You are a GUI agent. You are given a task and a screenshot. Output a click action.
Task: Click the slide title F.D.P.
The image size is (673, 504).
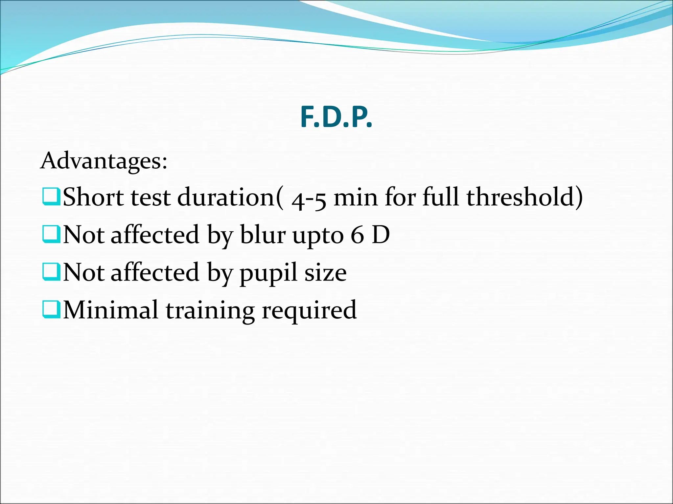(x=336, y=118)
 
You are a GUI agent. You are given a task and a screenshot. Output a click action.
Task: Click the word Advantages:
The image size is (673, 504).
(x=104, y=161)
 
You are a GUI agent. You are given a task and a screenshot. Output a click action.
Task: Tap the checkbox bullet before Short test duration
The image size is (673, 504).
(x=51, y=197)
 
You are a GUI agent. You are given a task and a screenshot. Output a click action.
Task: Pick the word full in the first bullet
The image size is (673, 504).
(x=440, y=197)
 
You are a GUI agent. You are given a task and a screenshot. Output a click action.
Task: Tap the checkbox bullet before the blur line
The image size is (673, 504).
(x=51, y=234)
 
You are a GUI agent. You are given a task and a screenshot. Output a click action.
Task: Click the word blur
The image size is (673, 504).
(x=263, y=235)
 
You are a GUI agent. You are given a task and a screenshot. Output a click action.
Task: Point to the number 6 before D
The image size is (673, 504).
(x=358, y=235)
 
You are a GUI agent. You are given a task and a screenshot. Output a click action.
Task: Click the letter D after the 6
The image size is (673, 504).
(x=381, y=235)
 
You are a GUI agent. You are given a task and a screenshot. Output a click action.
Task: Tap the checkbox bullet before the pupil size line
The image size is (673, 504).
(x=51, y=272)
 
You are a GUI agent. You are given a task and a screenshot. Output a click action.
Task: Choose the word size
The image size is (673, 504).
(x=325, y=273)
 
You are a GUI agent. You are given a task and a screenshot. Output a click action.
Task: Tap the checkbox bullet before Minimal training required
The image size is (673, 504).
(x=51, y=310)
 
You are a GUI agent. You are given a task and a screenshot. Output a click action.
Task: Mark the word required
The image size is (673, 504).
(x=309, y=311)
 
